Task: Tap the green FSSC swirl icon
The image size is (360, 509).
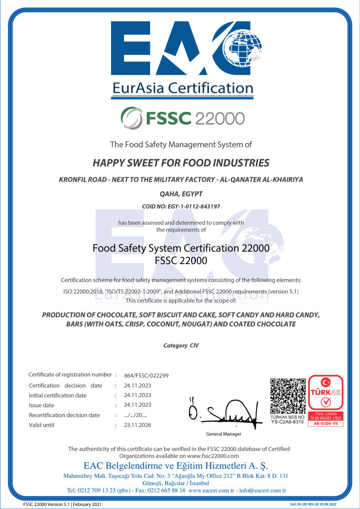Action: click(132, 118)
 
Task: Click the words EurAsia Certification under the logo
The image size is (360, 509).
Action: click(183, 88)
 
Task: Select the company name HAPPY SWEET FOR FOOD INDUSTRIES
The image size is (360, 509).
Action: click(181, 163)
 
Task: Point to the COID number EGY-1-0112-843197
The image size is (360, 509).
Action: click(181, 206)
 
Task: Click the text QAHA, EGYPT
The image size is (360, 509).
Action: click(181, 193)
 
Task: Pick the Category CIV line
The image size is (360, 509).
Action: click(181, 345)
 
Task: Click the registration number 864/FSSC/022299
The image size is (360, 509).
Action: click(146, 375)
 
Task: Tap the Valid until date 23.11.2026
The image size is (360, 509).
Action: click(137, 425)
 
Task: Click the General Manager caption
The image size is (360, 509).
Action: click(223, 434)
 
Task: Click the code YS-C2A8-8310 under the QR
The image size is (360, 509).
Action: click(288, 422)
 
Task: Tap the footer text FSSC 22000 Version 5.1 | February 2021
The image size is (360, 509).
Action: click(63, 504)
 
